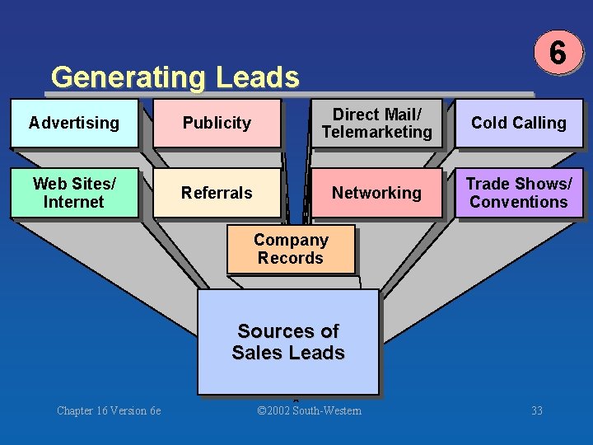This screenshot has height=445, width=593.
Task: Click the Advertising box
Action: (x=74, y=124)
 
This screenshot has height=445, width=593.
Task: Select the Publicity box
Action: (x=217, y=124)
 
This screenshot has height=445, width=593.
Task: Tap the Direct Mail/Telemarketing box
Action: (x=376, y=124)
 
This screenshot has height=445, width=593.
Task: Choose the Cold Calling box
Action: (x=519, y=124)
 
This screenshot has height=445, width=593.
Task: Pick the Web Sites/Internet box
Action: (x=74, y=193)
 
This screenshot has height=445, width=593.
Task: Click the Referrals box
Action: (x=217, y=193)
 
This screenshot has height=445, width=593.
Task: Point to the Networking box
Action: (x=376, y=193)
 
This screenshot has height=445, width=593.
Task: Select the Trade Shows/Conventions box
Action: (x=519, y=193)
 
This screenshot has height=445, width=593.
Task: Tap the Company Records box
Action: (x=291, y=249)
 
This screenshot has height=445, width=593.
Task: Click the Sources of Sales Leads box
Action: (x=288, y=341)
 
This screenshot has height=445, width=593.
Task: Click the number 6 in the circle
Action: (x=558, y=54)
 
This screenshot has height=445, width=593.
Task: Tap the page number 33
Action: (x=537, y=410)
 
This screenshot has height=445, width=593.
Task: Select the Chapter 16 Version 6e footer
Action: (x=109, y=410)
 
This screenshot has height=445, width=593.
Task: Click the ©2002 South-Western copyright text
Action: (x=309, y=410)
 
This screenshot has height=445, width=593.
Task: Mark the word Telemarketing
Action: (x=376, y=132)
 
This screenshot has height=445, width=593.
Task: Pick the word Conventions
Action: (x=519, y=202)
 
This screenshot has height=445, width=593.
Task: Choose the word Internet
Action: (x=74, y=202)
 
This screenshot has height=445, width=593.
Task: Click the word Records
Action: (x=291, y=258)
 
